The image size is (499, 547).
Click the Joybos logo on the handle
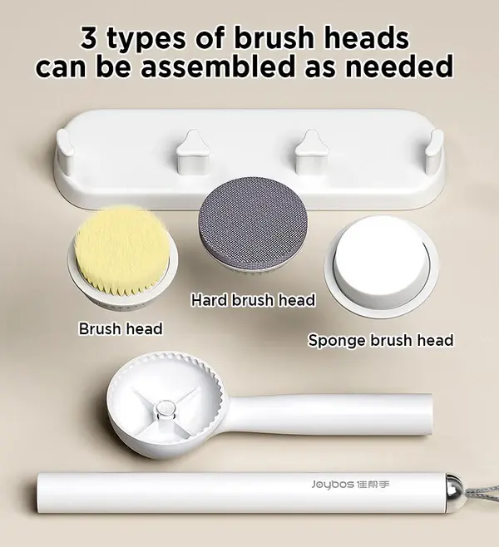click(350, 484)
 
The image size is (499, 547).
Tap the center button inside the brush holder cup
click(164, 408)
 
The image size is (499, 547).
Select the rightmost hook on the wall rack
click(435, 148)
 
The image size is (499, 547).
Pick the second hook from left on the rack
click(193, 152)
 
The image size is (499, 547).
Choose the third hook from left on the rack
click(311, 152)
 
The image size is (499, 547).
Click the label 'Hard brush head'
click(253, 300)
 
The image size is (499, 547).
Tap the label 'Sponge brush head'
click(381, 340)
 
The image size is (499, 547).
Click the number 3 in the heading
click(89, 37)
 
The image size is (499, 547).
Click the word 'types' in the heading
click(146, 40)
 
